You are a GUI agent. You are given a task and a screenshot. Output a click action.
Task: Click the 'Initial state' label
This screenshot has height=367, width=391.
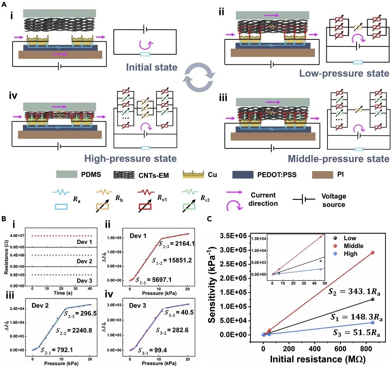pyautogui.click(x=152, y=68)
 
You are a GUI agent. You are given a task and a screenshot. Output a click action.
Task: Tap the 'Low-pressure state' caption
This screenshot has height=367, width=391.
pyautogui.click(x=344, y=73)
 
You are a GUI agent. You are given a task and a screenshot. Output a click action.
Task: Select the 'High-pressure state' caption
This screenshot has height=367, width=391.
pyautogui.click(x=130, y=159)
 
